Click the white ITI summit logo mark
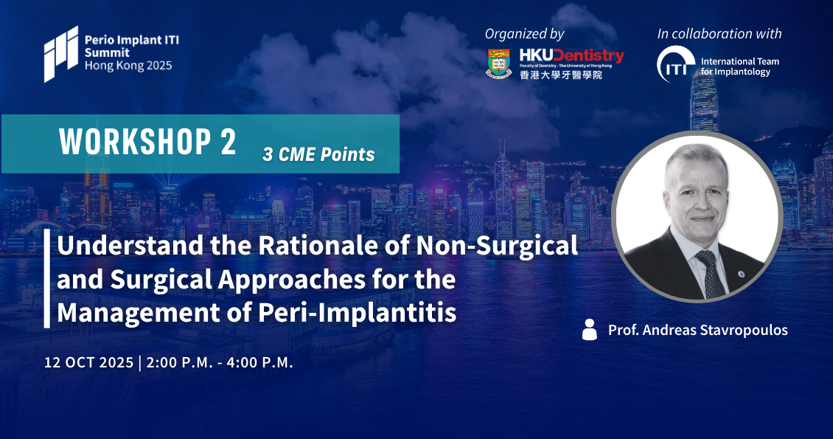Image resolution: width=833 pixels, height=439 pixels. (x=61, y=54)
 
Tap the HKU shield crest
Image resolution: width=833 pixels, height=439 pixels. (x=499, y=63)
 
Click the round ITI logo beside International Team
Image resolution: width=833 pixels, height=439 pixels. (x=676, y=64)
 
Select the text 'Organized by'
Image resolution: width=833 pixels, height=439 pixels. (x=524, y=34)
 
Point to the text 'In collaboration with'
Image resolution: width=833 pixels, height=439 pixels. (x=719, y=33)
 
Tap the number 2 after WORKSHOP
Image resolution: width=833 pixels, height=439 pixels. (x=227, y=142)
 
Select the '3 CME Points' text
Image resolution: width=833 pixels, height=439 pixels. (x=318, y=154)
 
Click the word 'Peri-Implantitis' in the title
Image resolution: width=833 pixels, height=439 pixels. (x=358, y=312)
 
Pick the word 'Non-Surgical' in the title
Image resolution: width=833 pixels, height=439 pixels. (x=498, y=245)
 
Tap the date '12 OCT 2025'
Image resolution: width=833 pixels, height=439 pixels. (x=88, y=362)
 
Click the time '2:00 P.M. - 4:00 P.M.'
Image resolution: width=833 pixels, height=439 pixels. (x=220, y=362)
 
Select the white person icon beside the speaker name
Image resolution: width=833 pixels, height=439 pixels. (x=589, y=330)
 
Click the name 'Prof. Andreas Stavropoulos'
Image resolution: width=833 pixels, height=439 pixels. (x=698, y=330)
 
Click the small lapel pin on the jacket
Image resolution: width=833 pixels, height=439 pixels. (x=742, y=274)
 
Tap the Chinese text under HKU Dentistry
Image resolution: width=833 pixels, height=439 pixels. (x=561, y=75)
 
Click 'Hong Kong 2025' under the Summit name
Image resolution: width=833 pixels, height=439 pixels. (x=128, y=66)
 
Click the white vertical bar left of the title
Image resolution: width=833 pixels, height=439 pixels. (x=47, y=278)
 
